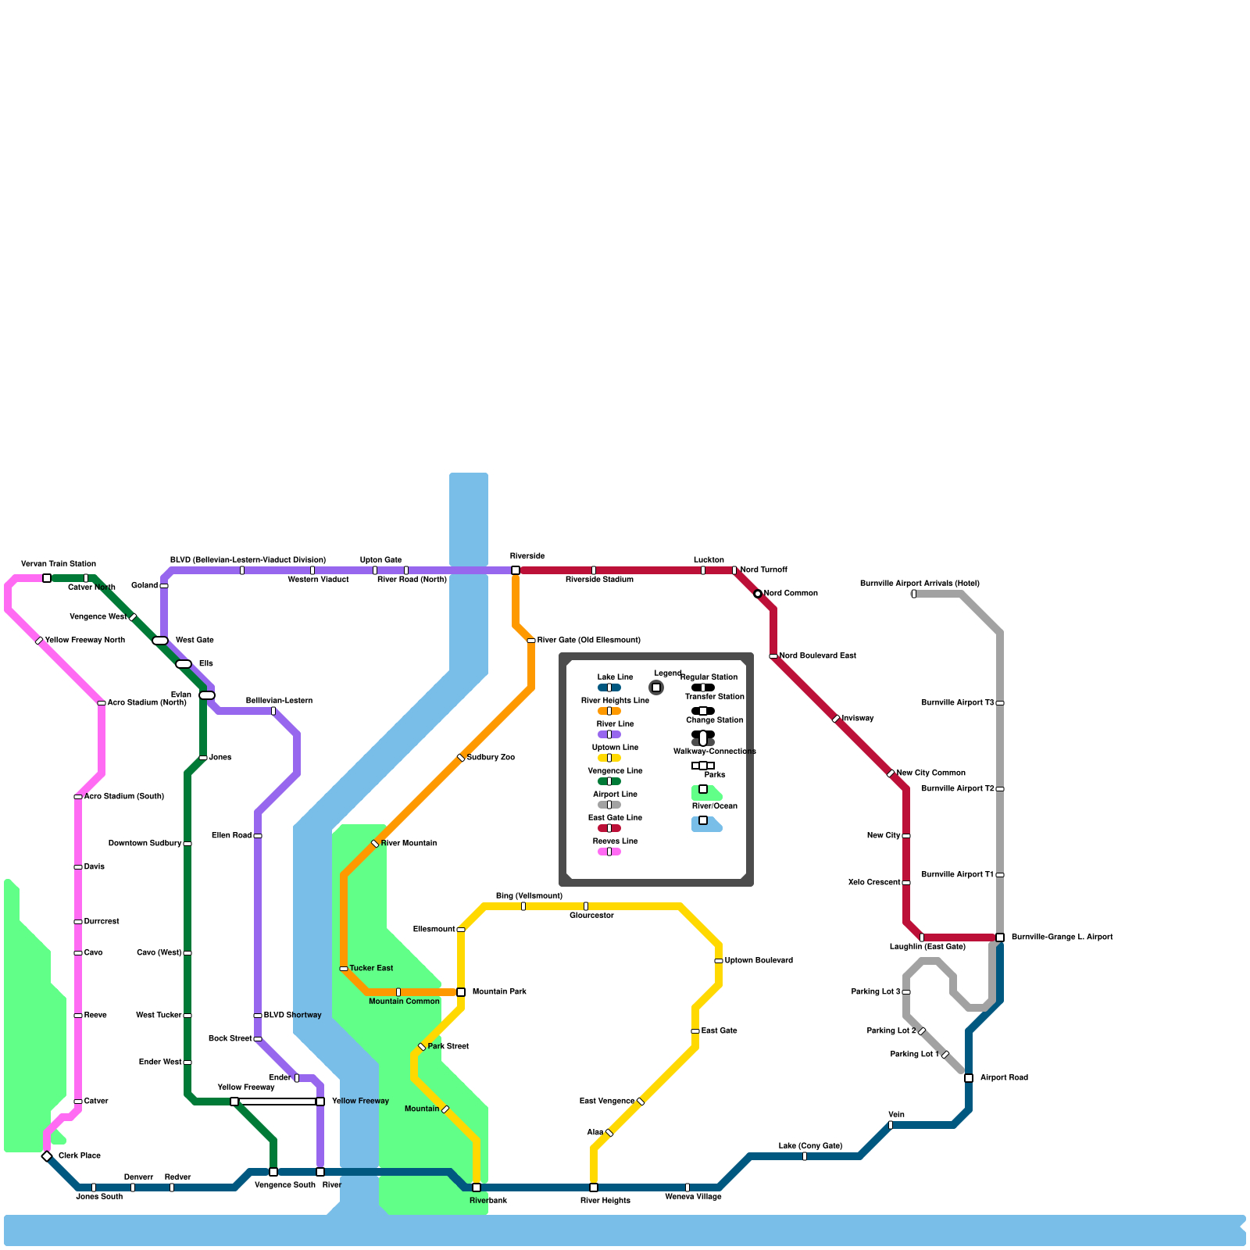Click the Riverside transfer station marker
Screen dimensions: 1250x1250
[x=516, y=570]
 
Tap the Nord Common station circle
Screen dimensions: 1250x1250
[x=758, y=594]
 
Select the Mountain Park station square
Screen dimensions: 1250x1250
[x=461, y=992]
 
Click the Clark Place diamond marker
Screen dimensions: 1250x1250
[x=47, y=1156]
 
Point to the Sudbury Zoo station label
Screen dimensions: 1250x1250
[x=491, y=758]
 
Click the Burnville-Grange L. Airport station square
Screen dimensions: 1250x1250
[x=1000, y=937]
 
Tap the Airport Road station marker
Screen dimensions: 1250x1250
[x=969, y=1078]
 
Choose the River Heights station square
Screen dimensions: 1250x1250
[x=594, y=1187]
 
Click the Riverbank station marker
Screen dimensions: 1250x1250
[x=477, y=1187]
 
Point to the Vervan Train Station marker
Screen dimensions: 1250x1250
[x=47, y=578]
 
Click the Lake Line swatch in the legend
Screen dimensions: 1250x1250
[x=609, y=687]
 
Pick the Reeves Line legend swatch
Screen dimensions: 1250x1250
[x=609, y=852]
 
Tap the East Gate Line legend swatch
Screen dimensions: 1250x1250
[x=609, y=828]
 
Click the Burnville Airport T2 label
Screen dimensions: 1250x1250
[x=957, y=789]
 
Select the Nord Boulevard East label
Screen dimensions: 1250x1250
[x=817, y=656]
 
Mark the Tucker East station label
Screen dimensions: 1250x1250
[x=371, y=969]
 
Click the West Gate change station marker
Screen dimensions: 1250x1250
[x=160, y=641]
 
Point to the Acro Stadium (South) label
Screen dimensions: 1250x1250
[x=123, y=797]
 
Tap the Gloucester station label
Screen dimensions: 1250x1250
[x=591, y=916]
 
